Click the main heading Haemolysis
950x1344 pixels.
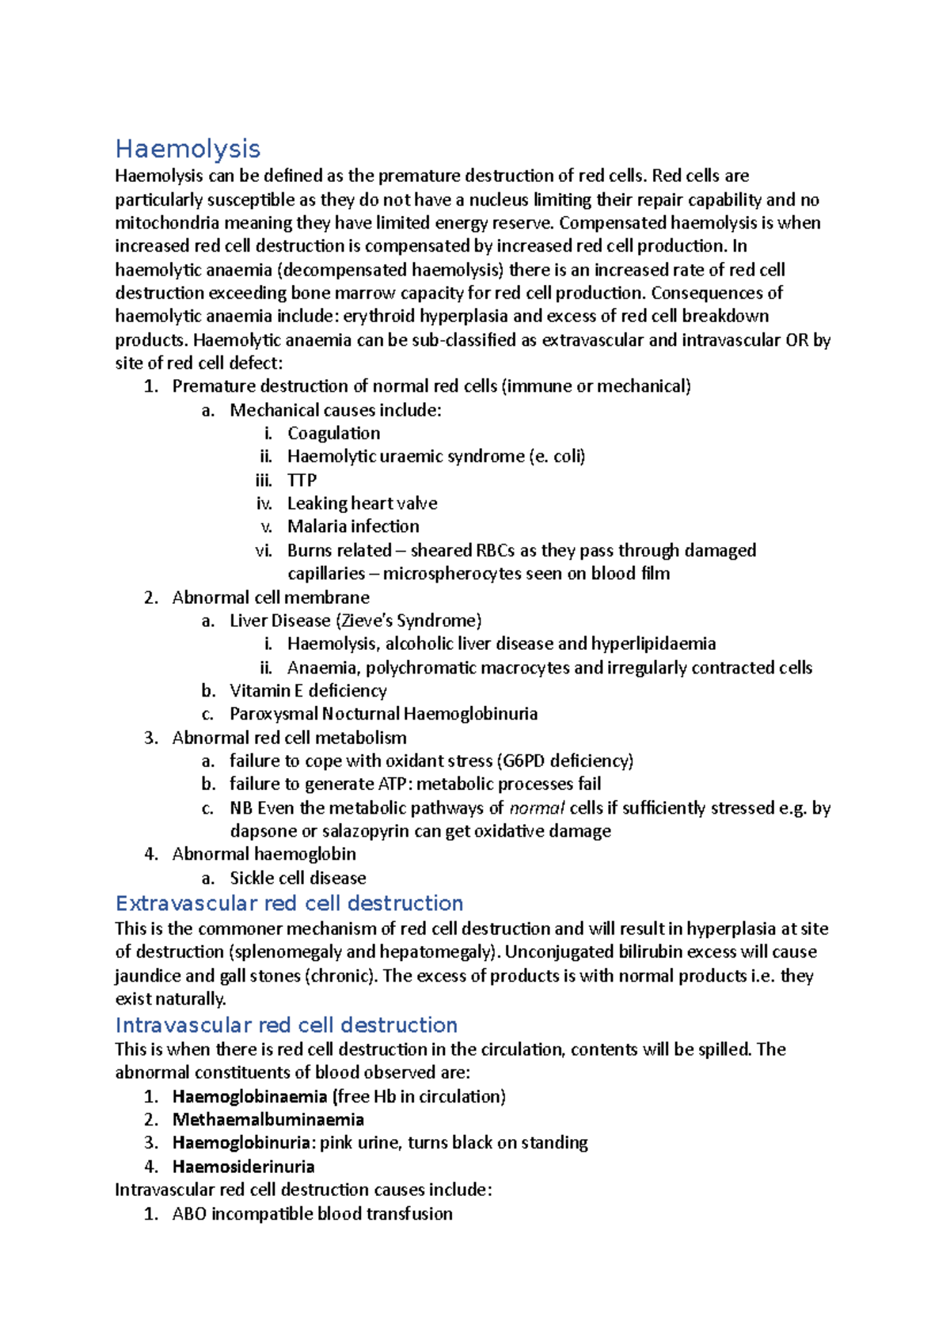click(x=188, y=149)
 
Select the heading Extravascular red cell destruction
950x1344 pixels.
click(x=289, y=903)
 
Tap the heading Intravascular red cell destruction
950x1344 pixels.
click(x=286, y=1025)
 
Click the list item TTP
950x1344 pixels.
click(x=302, y=480)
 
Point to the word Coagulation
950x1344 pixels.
click(x=333, y=433)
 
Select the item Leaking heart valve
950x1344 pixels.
click(x=362, y=503)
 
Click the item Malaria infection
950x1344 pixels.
click(x=353, y=526)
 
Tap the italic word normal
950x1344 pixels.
click(x=536, y=808)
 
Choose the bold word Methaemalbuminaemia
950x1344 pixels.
click(x=268, y=1120)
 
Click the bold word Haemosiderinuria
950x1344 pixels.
click(x=243, y=1167)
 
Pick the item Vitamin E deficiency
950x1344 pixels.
click(x=308, y=691)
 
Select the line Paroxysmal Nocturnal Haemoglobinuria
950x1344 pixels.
click(x=383, y=714)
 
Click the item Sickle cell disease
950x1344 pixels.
click(x=298, y=878)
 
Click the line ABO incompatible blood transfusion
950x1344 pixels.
click(x=312, y=1213)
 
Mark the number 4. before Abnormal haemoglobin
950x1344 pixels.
click(x=151, y=854)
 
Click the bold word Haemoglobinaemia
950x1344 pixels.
click(x=249, y=1096)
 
